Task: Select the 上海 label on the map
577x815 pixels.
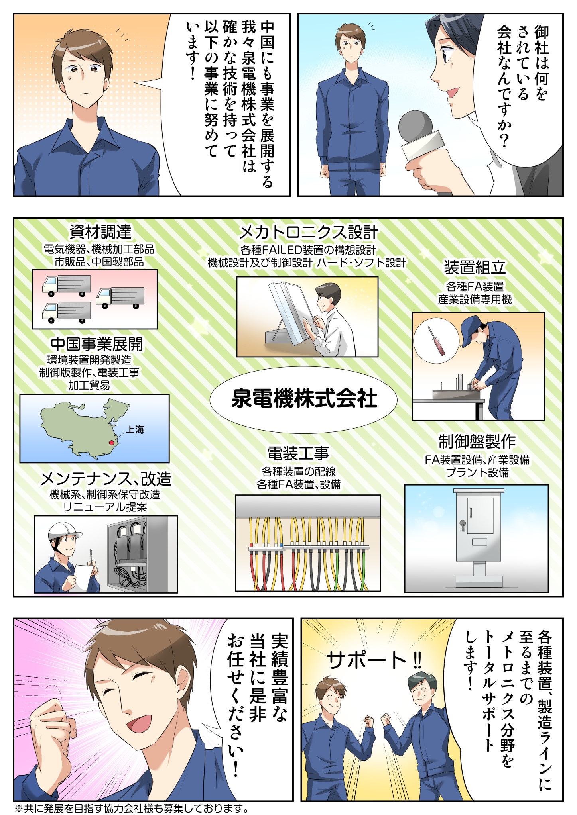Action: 135,430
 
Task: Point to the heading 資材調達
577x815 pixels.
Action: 100,232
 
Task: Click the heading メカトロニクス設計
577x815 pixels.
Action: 308,232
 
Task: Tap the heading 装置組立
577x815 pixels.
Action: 475,268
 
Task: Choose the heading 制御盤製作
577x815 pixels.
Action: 477,441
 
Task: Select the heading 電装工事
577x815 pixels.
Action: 298,454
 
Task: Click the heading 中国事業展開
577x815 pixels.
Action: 96,344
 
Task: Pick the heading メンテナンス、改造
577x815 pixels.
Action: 106,478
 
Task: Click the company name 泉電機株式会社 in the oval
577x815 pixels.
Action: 304,399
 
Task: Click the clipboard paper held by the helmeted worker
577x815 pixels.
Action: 85,576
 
